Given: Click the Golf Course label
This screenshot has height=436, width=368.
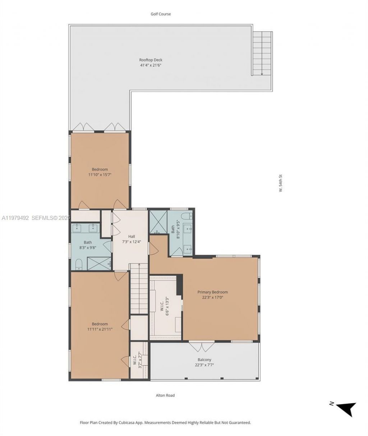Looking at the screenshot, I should point(161,14).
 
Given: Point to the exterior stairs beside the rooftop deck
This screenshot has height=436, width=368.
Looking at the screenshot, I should point(262,53).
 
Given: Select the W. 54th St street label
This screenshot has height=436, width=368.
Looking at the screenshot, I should point(281,183).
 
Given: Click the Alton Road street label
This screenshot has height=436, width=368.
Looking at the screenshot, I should point(165,395).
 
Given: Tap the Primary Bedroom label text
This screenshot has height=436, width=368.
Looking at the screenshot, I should point(212,292).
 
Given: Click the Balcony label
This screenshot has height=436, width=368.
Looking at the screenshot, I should point(204,359).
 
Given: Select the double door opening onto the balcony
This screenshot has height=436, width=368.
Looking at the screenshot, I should point(202,347).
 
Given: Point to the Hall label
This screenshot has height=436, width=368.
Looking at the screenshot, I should point(132,236).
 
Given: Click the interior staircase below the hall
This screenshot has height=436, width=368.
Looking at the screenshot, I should point(138,288).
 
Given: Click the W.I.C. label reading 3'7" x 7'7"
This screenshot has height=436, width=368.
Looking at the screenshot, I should point(135,358).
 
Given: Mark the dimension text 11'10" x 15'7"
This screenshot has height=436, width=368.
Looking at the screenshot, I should point(100,174).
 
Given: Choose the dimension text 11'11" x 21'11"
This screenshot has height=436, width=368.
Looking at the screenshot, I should point(100,328).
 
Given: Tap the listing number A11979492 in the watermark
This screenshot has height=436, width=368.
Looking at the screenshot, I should point(15,218).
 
